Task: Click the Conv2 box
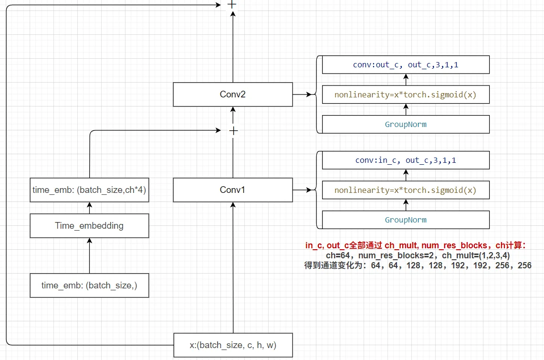(232, 95)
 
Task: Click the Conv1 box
(232, 190)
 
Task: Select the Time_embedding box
(89, 226)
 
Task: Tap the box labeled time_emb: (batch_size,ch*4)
(89, 190)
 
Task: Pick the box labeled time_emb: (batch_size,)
(89, 286)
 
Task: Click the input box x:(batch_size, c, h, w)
(232, 345)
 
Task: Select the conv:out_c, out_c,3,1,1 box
(406, 65)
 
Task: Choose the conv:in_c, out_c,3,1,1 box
(406, 160)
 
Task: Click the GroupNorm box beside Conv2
(406, 125)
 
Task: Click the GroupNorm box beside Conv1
(406, 220)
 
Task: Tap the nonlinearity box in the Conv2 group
(406, 95)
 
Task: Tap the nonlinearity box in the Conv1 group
(406, 191)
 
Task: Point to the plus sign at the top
(232, 4)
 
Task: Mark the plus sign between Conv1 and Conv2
(232, 130)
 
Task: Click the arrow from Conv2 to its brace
(302, 95)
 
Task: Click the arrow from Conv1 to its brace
(302, 190)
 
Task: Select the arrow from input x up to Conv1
(233, 267)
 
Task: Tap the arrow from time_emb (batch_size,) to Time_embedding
(89, 255)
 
